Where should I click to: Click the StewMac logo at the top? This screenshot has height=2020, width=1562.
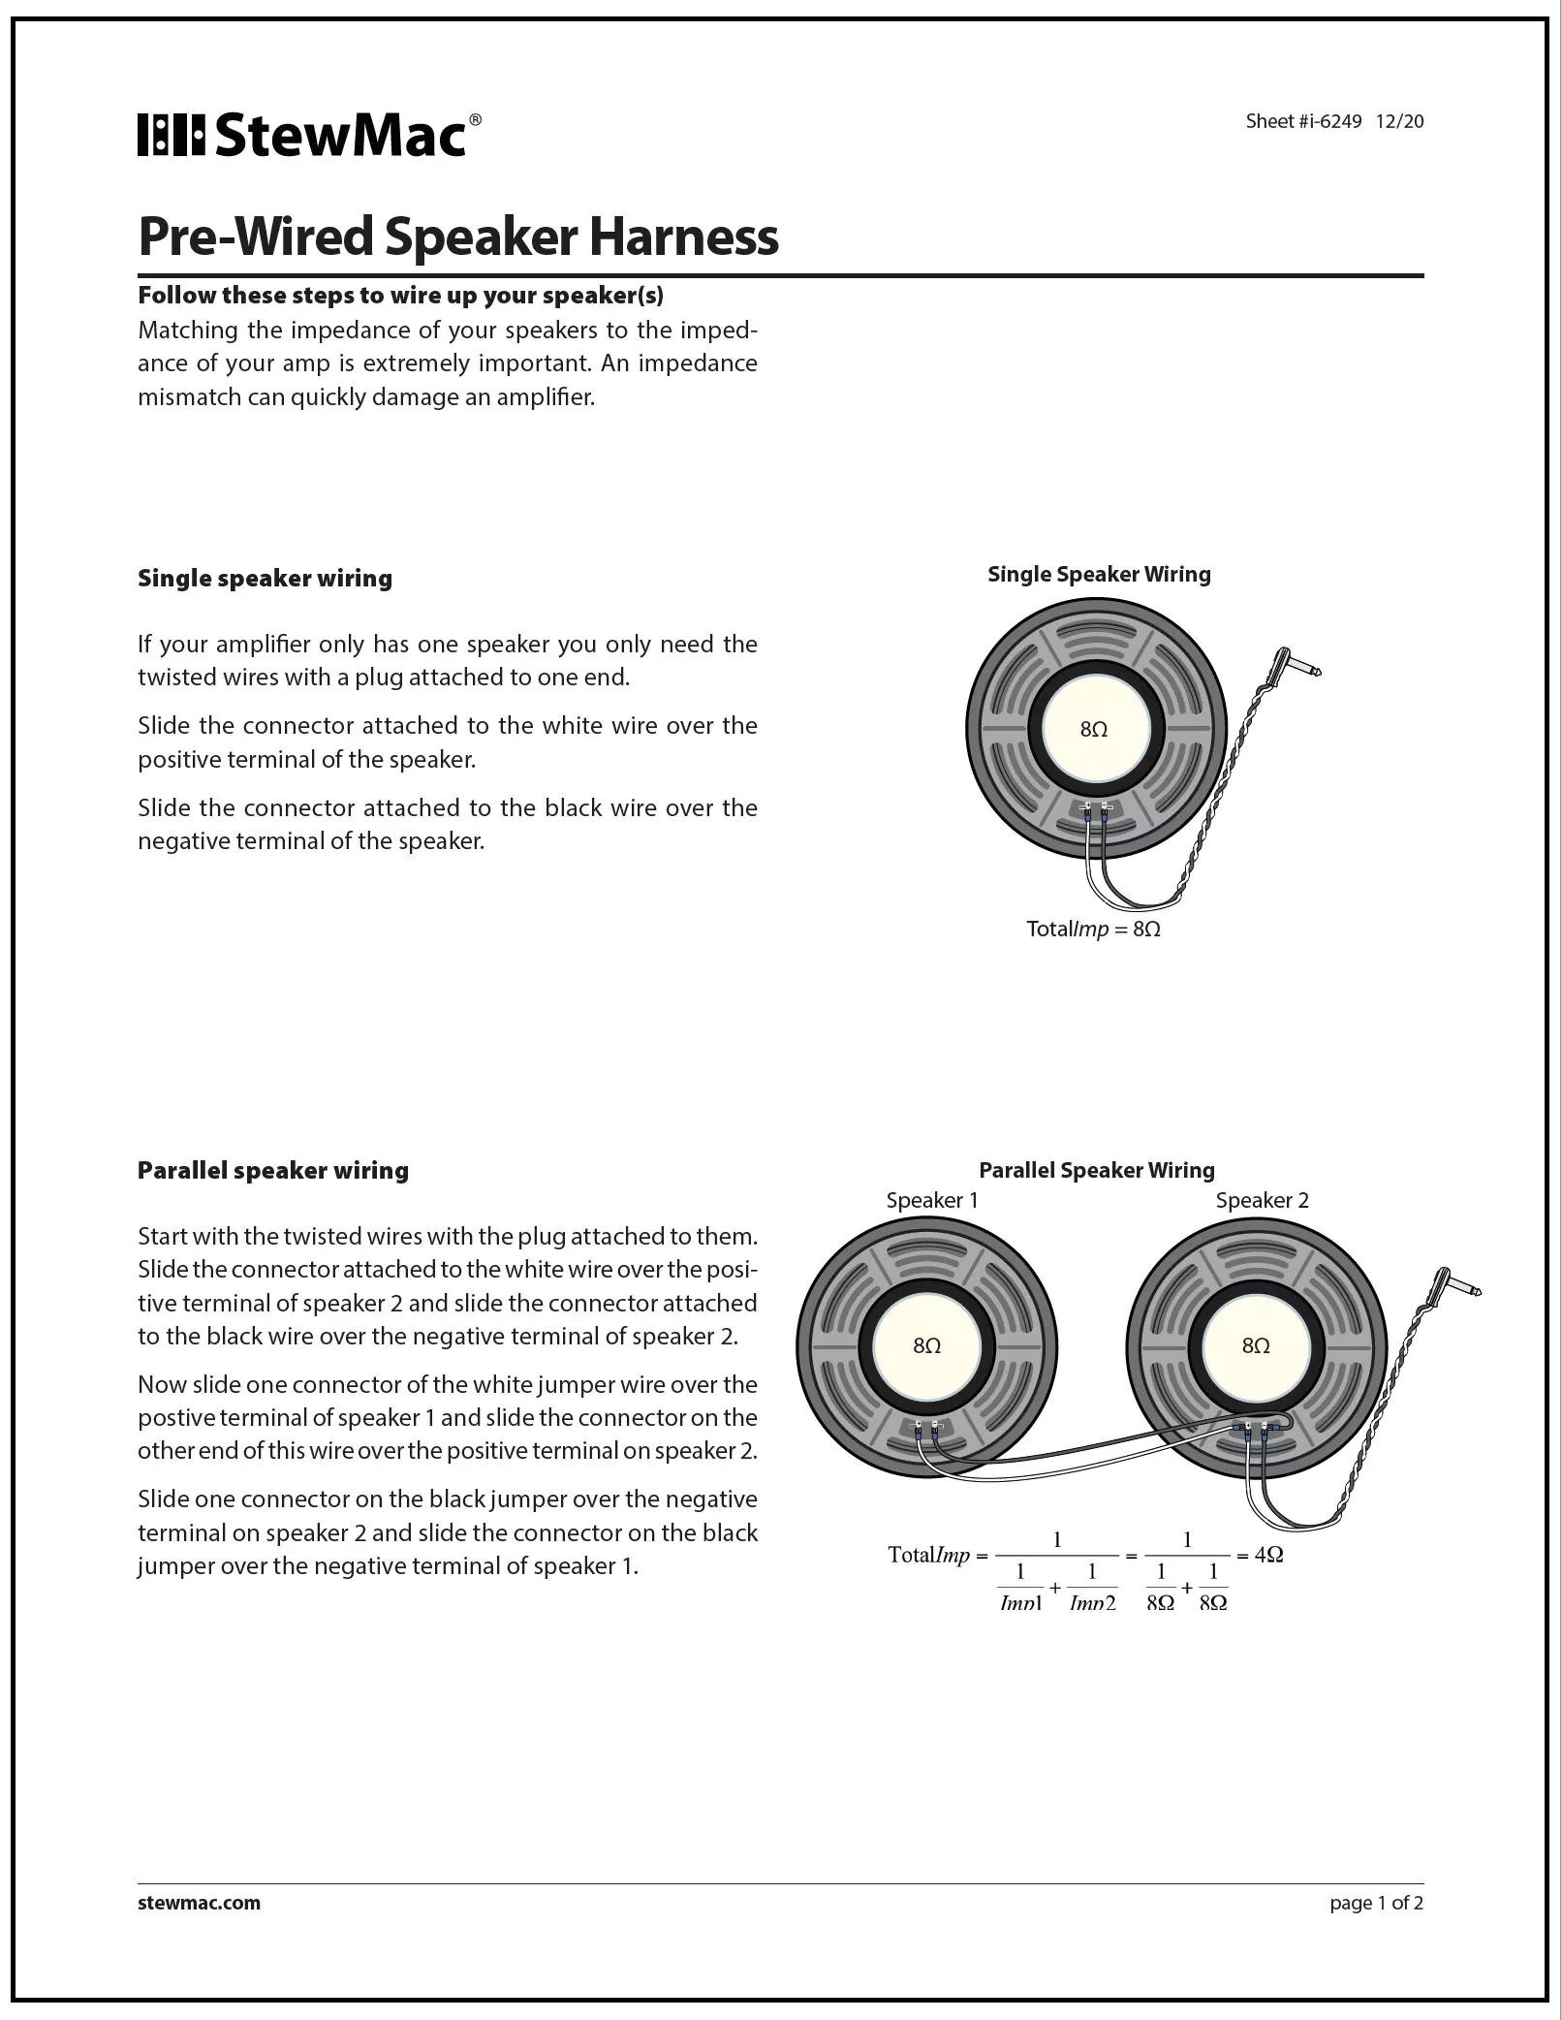[x=308, y=135]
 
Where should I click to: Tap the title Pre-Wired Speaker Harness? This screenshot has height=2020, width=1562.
[x=457, y=236]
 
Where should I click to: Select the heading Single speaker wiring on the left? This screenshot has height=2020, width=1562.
[x=265, y=579]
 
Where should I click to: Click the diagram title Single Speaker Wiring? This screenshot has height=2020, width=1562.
[x=1098, y=574]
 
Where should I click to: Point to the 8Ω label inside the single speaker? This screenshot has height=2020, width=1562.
[x=1093, y=730]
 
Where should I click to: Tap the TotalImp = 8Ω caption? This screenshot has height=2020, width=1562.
[x=1093, y=929]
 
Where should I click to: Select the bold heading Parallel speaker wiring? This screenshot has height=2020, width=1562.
[x=272, y=1170]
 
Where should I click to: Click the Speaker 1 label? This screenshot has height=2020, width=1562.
[x=931, y=1200]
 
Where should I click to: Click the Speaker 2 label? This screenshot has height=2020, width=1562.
[x=1262, y=1200]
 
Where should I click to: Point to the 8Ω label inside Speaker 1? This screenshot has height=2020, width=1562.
[x=926, y=1345]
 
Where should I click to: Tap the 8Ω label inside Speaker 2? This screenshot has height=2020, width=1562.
[x=1256, y=1345]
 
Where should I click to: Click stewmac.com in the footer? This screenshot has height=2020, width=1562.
[x=199, y=1903]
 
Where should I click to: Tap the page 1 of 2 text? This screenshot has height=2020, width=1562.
[x=1376, y=1903]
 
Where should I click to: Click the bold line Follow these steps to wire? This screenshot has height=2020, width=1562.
[x=400, y=295]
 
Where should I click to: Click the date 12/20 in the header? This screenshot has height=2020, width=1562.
[x=1399, y=121]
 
